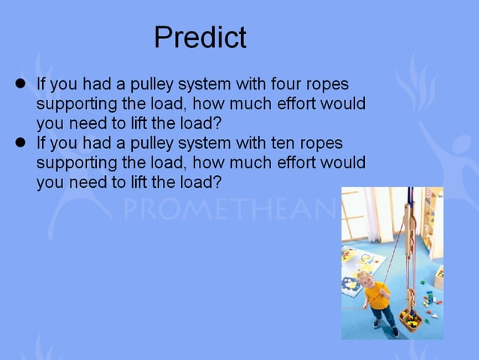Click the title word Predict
click(x=200, y=37)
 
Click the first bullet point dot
click(x=21, y=83)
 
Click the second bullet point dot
click(x=21, y=142)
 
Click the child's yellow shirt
click(x=378, y=295)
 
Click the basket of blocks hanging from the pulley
click(x=410, y=321)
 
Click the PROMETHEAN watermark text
click(x=225, y=209)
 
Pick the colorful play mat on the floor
click(x=359, y=271)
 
